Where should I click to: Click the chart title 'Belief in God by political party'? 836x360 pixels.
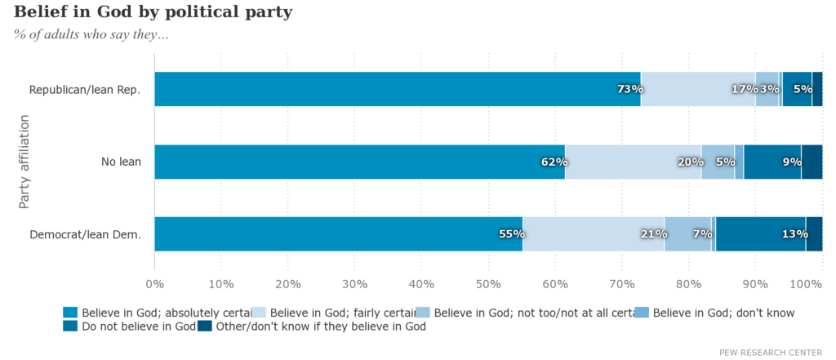153,13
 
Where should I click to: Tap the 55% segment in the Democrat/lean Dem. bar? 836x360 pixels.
338,234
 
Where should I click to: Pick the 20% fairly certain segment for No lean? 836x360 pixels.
633,162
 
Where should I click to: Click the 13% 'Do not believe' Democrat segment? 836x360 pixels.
761,234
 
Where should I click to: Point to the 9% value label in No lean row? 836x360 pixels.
792,162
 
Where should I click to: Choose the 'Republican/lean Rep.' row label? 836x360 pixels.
85,90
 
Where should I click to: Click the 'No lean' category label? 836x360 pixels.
121,162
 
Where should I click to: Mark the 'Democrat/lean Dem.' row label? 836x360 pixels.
85,235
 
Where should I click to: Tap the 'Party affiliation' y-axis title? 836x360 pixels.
24,162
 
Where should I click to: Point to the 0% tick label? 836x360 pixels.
154,284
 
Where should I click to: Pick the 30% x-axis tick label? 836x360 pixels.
354,284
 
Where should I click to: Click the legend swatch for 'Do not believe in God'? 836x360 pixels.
69,327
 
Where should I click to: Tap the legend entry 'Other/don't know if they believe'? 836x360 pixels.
318,327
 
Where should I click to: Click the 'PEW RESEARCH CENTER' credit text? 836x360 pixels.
771,352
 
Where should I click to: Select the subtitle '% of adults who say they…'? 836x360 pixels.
91,34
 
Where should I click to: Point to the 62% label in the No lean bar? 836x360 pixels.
554,162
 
